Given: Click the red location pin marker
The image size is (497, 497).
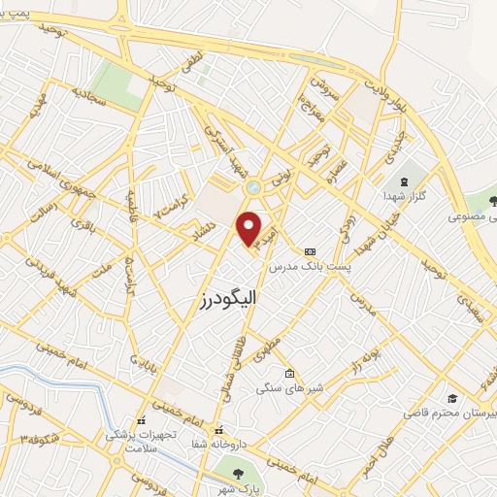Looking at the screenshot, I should tap(249, 228).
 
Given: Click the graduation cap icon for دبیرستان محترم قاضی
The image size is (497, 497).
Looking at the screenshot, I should tap(452, 399).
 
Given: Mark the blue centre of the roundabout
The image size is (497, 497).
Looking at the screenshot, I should tap(255, 188).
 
